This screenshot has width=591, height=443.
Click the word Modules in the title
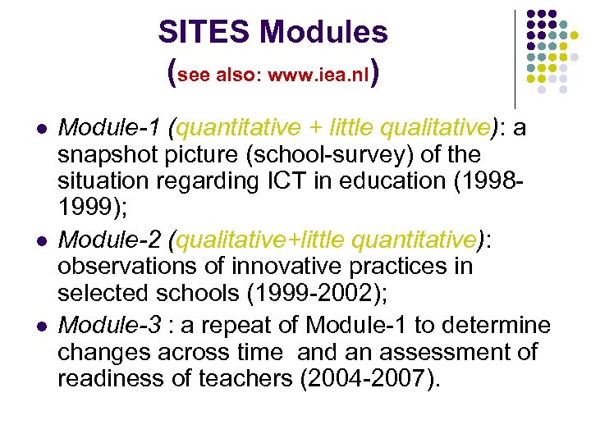324,33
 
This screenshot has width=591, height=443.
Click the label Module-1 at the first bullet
110,127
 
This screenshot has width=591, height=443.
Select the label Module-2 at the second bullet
110,240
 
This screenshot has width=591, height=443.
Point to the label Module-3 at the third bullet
110,326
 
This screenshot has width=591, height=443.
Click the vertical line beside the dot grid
515,57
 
